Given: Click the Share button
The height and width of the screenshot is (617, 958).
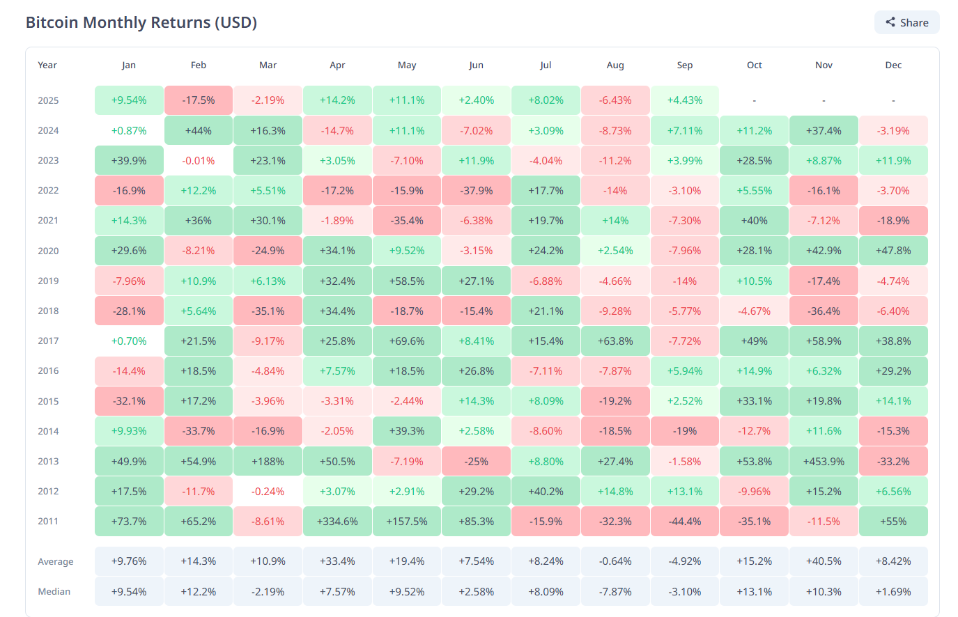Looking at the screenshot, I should click(906, 22).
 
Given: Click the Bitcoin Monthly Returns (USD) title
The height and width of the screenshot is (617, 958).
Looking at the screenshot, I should click(141, 22).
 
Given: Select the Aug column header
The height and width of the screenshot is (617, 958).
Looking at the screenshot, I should click(615, 65).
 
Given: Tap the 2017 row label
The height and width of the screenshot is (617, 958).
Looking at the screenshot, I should click(48, 341).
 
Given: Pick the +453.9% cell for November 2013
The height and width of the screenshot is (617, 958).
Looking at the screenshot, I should click(824, 461).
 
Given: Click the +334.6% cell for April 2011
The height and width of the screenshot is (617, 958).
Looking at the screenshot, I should click(337, 522).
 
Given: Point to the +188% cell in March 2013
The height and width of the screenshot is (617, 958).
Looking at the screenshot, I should click(268, 461).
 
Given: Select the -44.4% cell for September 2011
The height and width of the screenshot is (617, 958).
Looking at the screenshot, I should click(684, 522).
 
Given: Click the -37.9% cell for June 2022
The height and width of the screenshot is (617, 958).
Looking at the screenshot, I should click(476, 190).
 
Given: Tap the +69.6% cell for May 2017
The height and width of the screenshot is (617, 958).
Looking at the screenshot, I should click(407, 341).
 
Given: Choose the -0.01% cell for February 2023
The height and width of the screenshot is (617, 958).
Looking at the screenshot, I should click(199, 160).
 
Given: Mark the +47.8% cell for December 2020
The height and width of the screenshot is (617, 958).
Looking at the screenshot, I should click(893, 251).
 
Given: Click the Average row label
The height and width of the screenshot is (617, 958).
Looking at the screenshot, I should click(56, 561).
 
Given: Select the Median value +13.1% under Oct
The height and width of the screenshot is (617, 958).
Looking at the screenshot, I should click(754, 592).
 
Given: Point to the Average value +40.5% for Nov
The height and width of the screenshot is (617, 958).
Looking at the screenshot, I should click(824, 561).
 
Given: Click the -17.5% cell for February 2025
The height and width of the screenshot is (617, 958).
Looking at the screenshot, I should click(199, 100).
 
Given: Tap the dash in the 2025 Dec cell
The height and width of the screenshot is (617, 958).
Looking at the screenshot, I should click(893, 100).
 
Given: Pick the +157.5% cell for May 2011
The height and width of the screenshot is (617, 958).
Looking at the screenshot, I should click(407, 522).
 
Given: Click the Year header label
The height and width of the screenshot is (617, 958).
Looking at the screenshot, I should click(47, 65).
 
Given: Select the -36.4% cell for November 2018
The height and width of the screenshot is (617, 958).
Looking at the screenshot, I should click(824, 311).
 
